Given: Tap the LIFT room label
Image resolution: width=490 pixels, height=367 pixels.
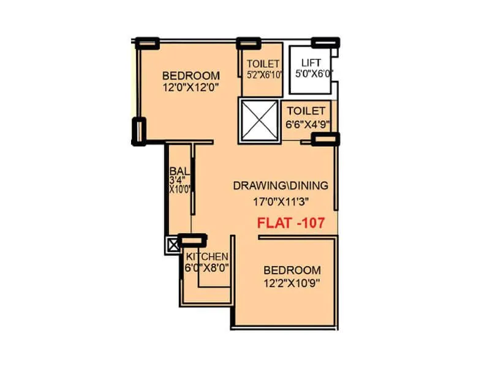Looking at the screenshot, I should [310, 62].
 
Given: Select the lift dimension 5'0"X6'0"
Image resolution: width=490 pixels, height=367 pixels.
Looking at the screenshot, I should [310, 75].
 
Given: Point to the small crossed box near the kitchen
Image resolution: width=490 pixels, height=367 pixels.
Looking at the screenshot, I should [172, 245].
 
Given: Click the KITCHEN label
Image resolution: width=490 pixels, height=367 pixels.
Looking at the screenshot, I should [207, 256].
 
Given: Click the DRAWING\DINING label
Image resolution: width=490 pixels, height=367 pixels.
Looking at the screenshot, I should [281, 185].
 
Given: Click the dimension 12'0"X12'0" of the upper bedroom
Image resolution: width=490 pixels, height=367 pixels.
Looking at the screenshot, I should [190, 87].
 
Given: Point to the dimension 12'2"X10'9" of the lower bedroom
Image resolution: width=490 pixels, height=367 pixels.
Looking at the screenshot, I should [292, 283].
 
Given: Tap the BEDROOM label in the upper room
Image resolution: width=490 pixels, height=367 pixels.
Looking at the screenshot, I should [190, 75].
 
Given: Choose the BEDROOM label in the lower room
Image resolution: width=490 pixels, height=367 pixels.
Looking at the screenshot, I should [292, 270].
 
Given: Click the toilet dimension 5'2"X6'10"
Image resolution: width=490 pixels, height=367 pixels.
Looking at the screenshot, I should [263, 75].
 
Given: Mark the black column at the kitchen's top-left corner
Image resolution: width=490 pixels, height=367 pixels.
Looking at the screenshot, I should [192, 241].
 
